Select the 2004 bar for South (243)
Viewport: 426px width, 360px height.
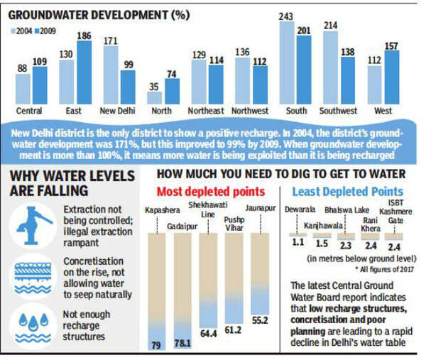(x=288, y=64)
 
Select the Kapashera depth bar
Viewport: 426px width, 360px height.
(x=155, y=288)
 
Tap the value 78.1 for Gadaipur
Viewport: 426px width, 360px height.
(x=182, y=343)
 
